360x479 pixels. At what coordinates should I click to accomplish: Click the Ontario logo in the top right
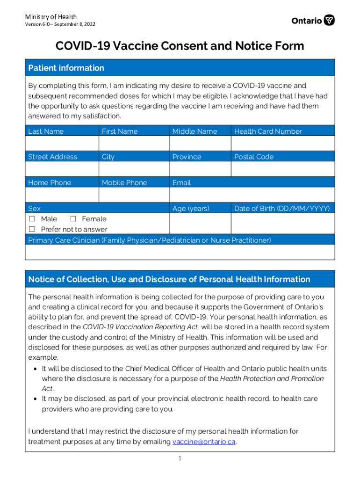pos(313,21)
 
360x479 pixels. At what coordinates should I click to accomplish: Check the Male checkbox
pos(32,219)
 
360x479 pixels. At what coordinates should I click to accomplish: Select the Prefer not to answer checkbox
pos(32,229)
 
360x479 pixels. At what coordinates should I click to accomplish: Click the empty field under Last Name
pos(62,143)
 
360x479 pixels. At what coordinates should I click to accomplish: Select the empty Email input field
pos(252,195)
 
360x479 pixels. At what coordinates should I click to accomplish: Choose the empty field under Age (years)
pos(200,224)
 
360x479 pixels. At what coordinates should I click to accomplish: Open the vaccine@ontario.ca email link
pos(203,442)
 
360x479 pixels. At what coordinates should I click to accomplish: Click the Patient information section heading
pos(66,68)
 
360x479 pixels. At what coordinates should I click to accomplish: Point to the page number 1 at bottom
pos(180,459)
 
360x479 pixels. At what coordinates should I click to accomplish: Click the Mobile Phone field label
pos(124,182)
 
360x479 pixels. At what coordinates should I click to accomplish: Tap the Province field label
pos(187,157)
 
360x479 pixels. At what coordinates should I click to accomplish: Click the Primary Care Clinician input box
pos(180,252)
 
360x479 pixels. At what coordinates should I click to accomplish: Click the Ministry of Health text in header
pos(51,17)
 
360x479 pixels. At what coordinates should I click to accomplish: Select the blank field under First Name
pos(134,143)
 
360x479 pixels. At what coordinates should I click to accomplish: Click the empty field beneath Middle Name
pos(200,143)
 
